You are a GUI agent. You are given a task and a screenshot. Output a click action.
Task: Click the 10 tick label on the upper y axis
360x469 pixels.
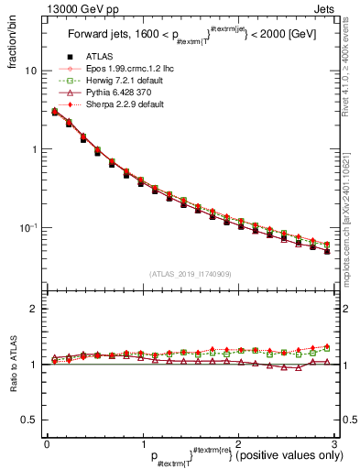click(x=32, y=71)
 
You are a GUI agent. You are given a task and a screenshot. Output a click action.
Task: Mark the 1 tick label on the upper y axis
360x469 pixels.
click(x=35, y=149)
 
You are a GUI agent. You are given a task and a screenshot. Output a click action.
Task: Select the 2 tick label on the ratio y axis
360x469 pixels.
click(x=35, y=310)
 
